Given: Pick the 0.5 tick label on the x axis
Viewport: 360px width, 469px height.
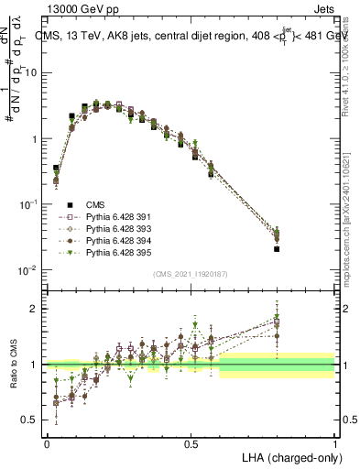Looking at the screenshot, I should point(191,444).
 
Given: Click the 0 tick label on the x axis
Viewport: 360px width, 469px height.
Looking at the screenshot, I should point(47,444).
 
